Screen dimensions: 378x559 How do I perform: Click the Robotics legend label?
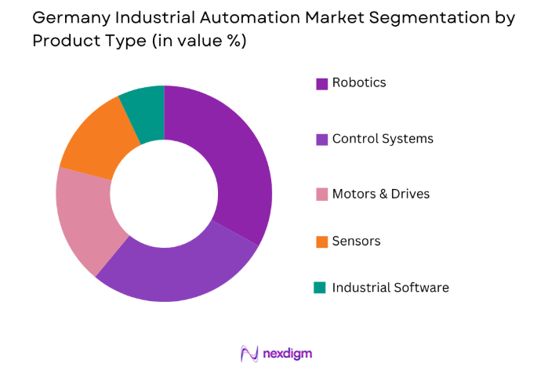(x=359, y=82)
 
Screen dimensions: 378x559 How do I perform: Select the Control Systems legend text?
(x=383, y=139)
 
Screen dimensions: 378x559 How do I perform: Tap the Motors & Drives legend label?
(x=381, y=194)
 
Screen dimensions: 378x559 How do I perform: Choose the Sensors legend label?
(x=356, y=241)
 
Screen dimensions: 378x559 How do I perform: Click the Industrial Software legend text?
(x=390, y=287)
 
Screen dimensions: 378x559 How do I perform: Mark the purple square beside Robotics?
(x=321, y=83)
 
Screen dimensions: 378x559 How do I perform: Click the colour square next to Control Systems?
(x=321, y=140)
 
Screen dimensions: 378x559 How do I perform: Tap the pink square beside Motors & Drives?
(x=321, y=194)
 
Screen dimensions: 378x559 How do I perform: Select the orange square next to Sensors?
(x=321, y=242)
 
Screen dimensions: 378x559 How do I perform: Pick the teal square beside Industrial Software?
(x=321, y=288)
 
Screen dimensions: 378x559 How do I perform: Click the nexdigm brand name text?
(x=288, y=354)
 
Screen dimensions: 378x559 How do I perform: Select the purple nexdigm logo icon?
(x=250, y=354)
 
